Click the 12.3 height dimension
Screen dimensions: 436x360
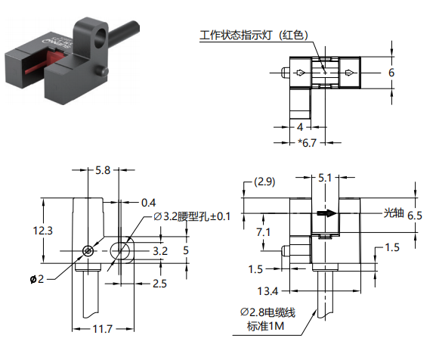(42, 231)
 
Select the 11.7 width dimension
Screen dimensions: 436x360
(102, 329)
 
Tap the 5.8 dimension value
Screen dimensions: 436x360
(103, 170)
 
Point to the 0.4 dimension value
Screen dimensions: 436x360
(149, 203)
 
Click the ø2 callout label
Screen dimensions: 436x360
(37, 279)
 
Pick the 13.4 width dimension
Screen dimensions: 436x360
(267, 291)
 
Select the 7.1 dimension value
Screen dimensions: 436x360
(263, 232)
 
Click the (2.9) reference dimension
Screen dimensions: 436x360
(264, 182)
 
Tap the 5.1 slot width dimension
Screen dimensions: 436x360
(325, 178)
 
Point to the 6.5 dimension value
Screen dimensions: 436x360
(415, 216)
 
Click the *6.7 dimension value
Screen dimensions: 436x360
(308, 143)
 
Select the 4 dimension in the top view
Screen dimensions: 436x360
(300, 127)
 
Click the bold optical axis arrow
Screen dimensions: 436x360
(326, 213)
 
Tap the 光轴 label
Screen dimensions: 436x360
(394, 213)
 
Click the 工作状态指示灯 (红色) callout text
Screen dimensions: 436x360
(254, 36)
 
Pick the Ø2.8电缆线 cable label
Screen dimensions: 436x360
(267, 312)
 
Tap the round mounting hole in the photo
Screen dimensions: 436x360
(100, 37)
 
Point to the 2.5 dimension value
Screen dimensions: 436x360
(159, 284)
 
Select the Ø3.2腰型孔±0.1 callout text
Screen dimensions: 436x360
(192, 216)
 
